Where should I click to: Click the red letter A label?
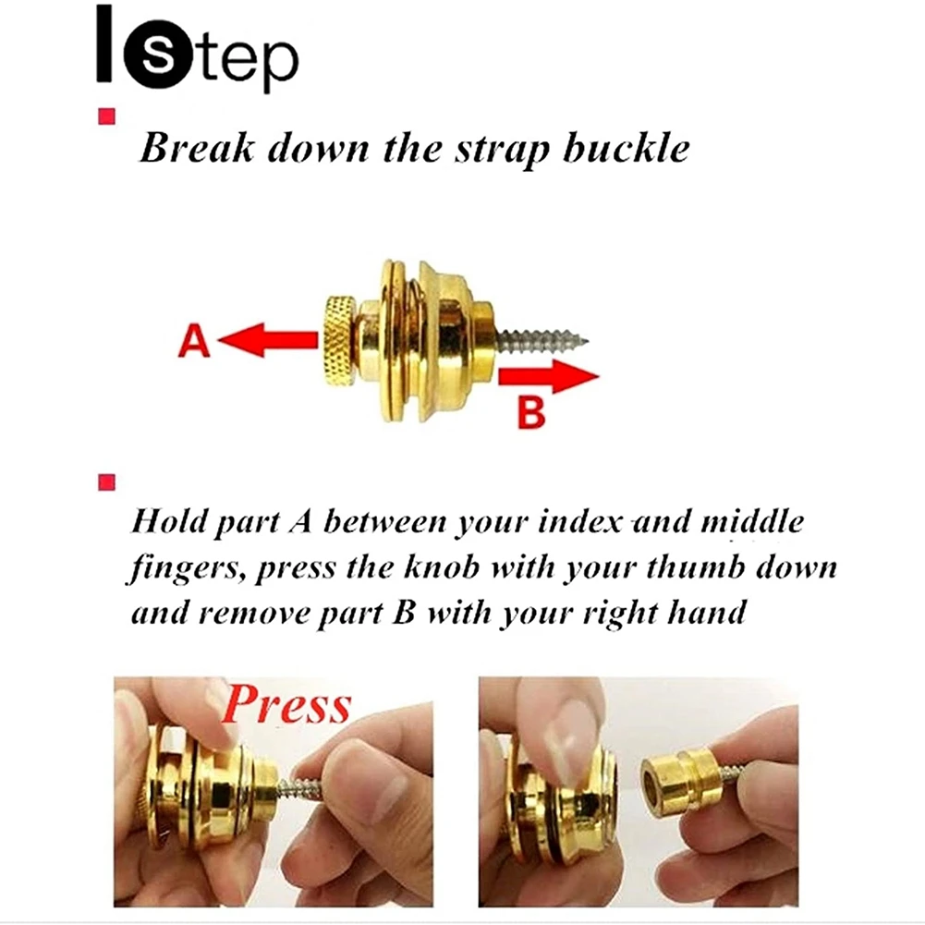click(194, 340)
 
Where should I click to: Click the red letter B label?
click(531, 412)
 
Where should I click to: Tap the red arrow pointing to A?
click(268, 340)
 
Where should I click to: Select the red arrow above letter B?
click(549, 376)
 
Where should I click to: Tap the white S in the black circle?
click(158, 55)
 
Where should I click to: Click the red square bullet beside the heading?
click(107, 116)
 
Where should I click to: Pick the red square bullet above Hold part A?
click(107, 482)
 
